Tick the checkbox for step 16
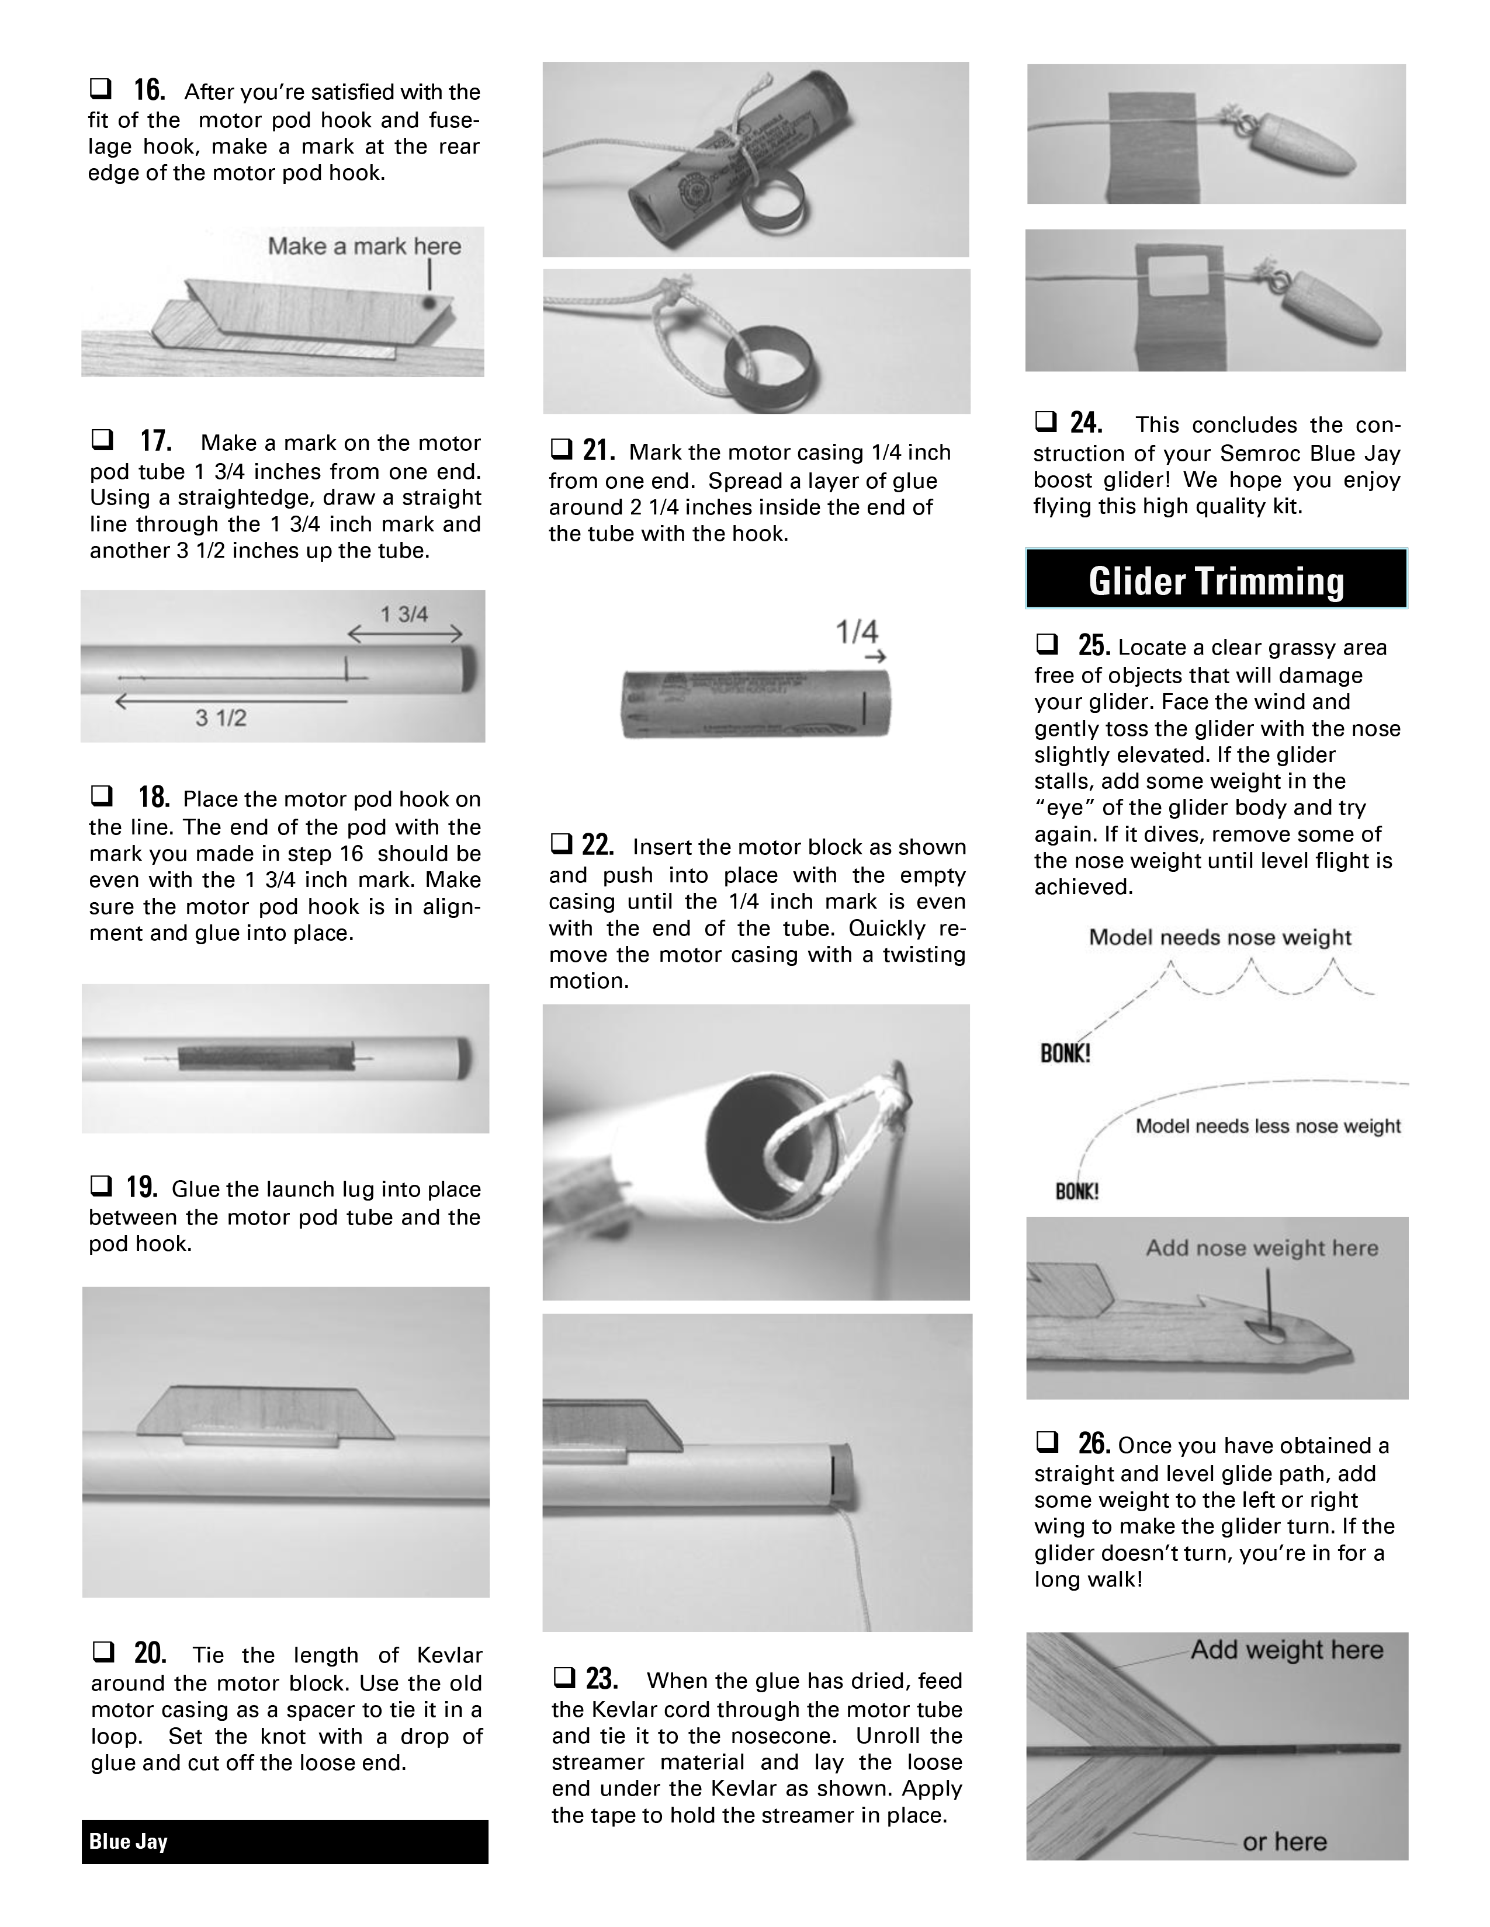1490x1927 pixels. [x=100, y=89]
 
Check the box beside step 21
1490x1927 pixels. [x=560, y=450]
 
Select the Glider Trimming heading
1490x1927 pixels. [x=1217, y=580]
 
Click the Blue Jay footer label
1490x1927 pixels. [x=128, y=1841]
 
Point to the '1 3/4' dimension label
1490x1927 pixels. [x=404, y=614]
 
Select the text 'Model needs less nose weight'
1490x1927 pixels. [x=1267, y=1126]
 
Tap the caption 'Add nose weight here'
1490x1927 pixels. [x=1262, y=1248]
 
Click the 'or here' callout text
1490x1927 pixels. [x=1284, y=1841]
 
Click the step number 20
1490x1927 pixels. [x=150, y=1652]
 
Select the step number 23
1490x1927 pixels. [x=602, y=1677]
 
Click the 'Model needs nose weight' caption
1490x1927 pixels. [x=1220, y=937]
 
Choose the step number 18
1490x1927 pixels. [x=154, y=796]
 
